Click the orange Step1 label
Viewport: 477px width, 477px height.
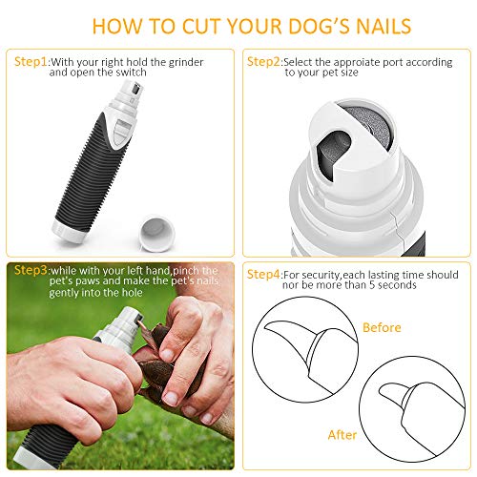click(x=31, y=61)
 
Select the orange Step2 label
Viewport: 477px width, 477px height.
click(x=263, y=61)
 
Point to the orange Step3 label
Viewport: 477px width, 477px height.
click(x=31, y=270)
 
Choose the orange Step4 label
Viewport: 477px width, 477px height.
click(x=263, y=274)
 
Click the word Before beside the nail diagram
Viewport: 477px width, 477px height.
click(x=382, y=327)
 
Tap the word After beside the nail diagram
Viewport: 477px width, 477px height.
click(x=342, y=435)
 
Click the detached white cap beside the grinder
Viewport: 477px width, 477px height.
click(x=157, y=234)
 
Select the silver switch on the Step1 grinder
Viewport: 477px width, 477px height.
click(x=120, y=131)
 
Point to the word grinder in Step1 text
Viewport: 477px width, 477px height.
click(x=186, y=62)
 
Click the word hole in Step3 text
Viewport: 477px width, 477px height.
click(x=132, y=293)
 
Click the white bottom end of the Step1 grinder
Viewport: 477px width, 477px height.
click(x=68, y=233)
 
